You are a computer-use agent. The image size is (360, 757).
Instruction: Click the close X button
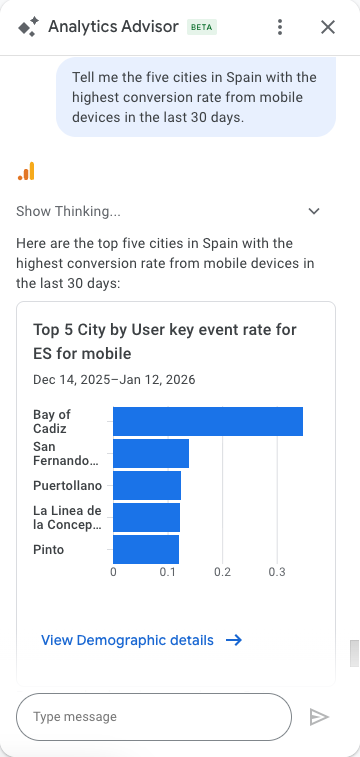(x=328, y=27)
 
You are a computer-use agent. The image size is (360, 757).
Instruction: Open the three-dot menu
(x=280, y=27)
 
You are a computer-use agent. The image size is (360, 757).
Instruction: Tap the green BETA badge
(x=202, y=27)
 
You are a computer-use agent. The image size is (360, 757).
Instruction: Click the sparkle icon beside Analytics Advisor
(x=28, y=27)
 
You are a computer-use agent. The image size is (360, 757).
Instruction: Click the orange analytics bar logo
(x=26, y=171)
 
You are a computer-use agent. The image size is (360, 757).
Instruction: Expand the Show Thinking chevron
(x=314, y=211)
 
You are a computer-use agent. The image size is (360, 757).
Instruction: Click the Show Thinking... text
(x=68, y=211)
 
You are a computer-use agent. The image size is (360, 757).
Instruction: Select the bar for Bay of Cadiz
(x=208, y=421)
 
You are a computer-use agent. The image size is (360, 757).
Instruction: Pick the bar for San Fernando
(x=151, y=453)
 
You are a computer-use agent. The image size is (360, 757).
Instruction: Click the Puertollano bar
(x=147, y=486)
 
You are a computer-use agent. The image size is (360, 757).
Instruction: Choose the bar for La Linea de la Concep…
(x=147, y=518)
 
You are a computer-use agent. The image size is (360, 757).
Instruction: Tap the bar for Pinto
(x=146, y=549)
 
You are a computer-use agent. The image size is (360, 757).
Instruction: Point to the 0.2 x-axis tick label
(x=222, y=572)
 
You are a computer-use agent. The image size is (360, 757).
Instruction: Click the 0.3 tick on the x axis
(x=277, y=572)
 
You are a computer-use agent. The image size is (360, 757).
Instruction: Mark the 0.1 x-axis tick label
(x=168, y=572)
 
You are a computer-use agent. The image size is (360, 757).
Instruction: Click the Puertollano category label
(x=68, y=486)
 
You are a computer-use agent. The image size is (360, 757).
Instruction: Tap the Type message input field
(x=154, y=717)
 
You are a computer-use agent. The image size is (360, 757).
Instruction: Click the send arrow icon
(x=319, y=717)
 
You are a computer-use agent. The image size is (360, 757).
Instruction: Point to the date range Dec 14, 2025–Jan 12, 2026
(x=114, y=379)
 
